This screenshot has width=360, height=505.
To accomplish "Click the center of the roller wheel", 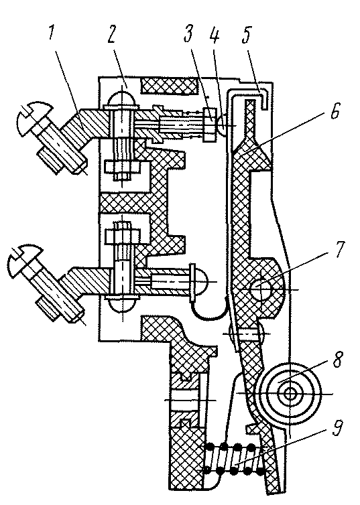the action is coord(291,394).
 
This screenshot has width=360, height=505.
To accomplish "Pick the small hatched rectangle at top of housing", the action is coord(168,86).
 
